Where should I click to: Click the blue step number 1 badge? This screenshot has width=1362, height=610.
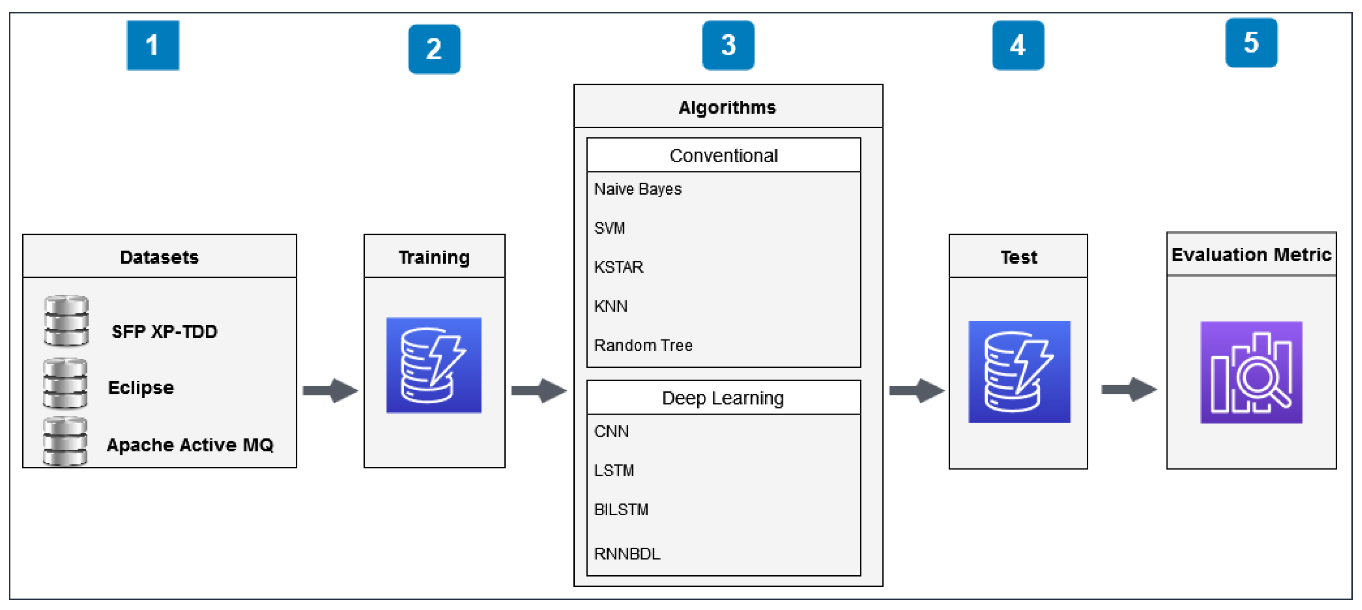tap(153, 45)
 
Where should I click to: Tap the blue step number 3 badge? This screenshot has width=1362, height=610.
tap(728, 45)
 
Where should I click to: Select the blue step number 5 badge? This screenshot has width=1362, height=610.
tap(1251, 42)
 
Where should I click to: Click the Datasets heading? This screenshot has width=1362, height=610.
tap(159, 257)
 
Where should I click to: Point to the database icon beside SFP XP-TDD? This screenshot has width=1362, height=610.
tap(66, 321)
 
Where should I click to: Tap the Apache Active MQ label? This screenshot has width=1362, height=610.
tap(190, 445)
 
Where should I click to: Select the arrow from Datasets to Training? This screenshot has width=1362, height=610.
tap(330, 391)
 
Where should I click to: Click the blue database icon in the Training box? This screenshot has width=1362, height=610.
tap(434, 365)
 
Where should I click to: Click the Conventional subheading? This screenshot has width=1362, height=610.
tap(723, 156)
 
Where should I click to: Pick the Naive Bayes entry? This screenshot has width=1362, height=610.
tap(638, 189)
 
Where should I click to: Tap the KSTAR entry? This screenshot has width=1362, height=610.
tap(618, 267)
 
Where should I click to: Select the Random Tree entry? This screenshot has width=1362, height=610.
tap(643, 346)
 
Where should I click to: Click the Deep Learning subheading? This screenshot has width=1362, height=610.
tap(723, 398)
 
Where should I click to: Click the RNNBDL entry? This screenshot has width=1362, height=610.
tap(627, 554)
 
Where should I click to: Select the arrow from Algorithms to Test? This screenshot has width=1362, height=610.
tap(916, 391)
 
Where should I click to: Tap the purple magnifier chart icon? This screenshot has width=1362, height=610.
tap(1251, 372)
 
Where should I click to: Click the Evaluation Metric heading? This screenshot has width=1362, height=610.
tap(1251, 255)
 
